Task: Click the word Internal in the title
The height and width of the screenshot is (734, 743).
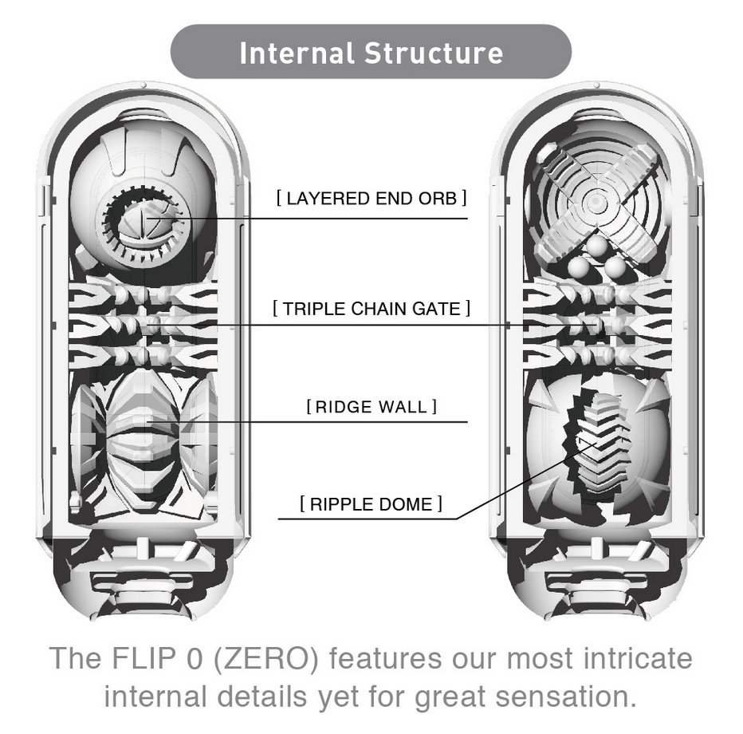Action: pyautogui.click(x=297, y=53)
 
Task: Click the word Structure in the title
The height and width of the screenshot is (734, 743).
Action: pyautogui.click(x=434, y=53)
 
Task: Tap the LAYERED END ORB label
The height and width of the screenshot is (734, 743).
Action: pyautogui.click(x=371, y=198)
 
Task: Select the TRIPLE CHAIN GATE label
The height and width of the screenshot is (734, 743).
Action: pyautogui.click(x=371, y=309)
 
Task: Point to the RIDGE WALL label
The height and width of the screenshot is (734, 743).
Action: pyautogui.click(x=371, y=407)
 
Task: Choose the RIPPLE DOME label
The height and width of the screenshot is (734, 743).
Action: pyautogui.click(x=371, y=504)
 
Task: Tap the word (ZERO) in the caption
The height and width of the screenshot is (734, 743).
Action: pyautogui.click(x=265, y=659)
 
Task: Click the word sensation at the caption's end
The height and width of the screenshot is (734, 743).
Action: pyautogui.click(x=566, y=697)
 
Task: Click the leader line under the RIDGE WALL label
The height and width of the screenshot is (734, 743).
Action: pyautogui.click(x=307, y=421)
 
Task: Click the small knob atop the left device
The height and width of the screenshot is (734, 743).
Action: pyautogui.click(x=143, y=85)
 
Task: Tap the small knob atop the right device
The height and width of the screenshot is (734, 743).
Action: pyautogui.click(x=597, y=85)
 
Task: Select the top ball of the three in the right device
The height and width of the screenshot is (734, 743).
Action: pyautogui.click(x=596, y=246)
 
